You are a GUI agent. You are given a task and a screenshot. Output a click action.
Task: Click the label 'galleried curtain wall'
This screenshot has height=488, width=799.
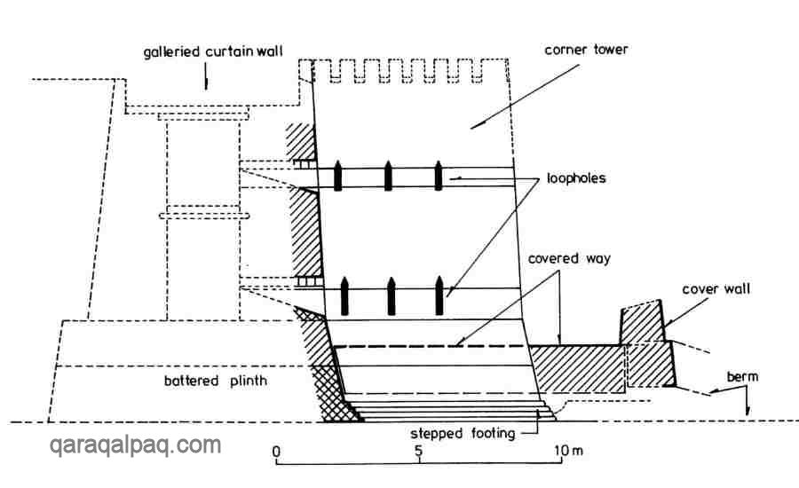[212, 52]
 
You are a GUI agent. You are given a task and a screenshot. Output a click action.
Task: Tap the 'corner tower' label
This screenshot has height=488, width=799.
[585, 50]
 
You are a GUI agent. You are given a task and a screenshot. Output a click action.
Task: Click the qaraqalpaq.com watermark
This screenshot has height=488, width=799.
[135, 445]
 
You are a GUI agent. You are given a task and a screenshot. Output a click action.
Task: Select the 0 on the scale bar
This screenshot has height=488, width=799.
[276, 453]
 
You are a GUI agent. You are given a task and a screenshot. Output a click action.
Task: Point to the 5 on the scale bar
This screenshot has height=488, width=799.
[418, 453]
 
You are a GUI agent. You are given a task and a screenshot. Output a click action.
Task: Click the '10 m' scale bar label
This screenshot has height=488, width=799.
[566, 453]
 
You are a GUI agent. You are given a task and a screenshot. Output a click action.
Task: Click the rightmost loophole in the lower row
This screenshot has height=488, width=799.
[439, 295]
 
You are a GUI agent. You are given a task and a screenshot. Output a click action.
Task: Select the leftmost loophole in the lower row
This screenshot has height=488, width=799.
[345, 295]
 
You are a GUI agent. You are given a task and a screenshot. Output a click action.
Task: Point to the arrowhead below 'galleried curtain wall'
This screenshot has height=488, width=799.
[208, 82]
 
